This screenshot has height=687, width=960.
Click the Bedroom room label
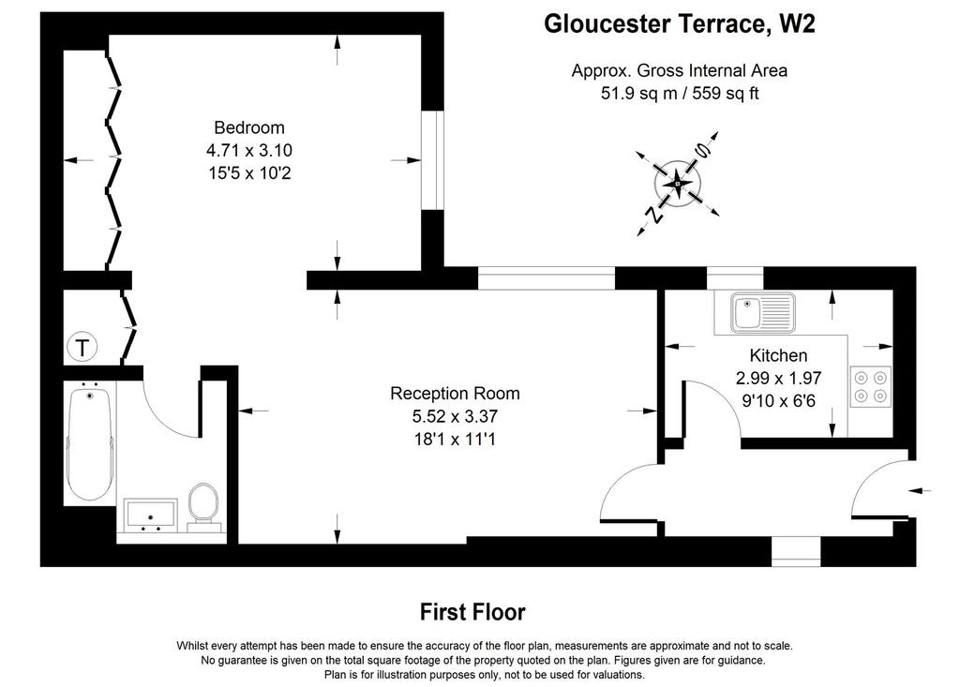tap(249, 127)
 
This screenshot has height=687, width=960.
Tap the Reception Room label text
tap(455, 393)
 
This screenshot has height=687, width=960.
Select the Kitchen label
tap(778, 355)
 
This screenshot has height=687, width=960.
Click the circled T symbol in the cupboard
tap(82, 348)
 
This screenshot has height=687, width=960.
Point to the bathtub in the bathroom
tap(89, 442)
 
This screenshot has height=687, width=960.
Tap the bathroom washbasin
tap(151, 515)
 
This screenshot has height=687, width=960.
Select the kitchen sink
tap(762, 312)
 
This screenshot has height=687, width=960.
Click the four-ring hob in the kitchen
tap(871, 387)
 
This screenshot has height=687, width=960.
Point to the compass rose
tap(678, 183)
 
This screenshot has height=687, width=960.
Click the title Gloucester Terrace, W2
tap(679, 23)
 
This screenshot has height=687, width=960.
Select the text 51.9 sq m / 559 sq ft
tap(680, 93)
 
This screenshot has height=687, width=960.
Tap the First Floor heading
tap(472, 612)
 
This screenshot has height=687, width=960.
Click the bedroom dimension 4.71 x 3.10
tap(249, 150)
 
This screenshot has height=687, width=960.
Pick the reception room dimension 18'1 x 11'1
tap(455, 439)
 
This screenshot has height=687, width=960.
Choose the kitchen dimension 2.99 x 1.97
tap(778, 378)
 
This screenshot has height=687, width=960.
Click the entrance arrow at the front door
tap(920, 490)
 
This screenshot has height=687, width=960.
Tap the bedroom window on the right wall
tap(433, 160)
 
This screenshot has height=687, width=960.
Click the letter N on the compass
tap(654, 214)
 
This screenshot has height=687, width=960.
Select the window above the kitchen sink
tap(735, 278)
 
